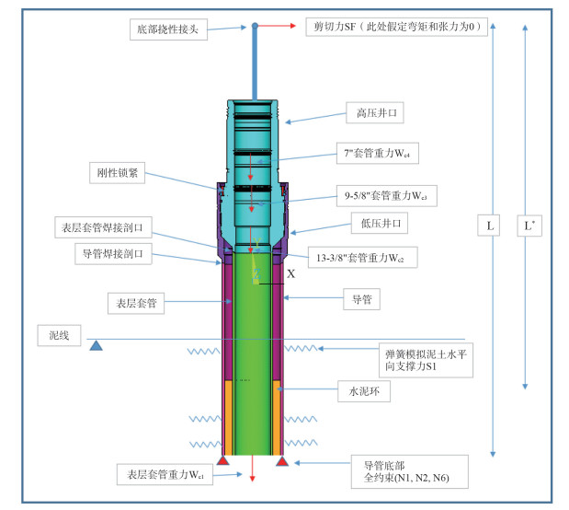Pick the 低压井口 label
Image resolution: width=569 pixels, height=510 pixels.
click(378, 224)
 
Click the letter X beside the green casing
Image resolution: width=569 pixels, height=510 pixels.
click(291, 273)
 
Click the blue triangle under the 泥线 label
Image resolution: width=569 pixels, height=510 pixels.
click(95, 345)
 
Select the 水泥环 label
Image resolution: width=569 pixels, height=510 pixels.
click(364, 390)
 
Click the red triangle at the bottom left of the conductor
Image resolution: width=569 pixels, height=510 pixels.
click(222, 458)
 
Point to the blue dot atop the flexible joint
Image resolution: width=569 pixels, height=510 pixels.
click(255, 26)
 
